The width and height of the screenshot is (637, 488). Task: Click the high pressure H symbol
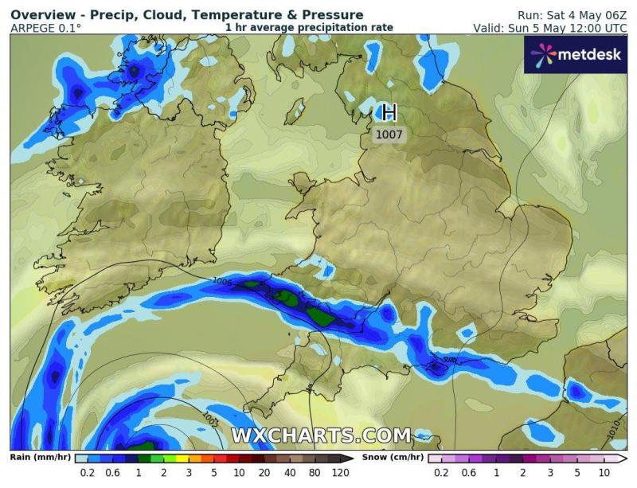point(389,112)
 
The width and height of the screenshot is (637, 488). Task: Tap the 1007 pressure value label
point(389,135)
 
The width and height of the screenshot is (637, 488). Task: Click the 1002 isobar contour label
point(211,416)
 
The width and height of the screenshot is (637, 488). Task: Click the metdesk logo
point(576,54)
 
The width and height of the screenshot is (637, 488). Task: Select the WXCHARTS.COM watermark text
point(321,435)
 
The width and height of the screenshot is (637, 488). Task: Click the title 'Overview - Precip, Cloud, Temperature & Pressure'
point(187,15)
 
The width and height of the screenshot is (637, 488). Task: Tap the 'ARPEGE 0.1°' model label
point(45,28)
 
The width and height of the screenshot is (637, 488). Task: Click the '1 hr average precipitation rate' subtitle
point(309,28)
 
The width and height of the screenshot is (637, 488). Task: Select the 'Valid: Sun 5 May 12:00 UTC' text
point(549,28)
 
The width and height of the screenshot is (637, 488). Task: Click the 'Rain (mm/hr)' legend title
point(39,458)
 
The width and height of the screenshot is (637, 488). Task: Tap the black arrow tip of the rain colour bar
point(351,459)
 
